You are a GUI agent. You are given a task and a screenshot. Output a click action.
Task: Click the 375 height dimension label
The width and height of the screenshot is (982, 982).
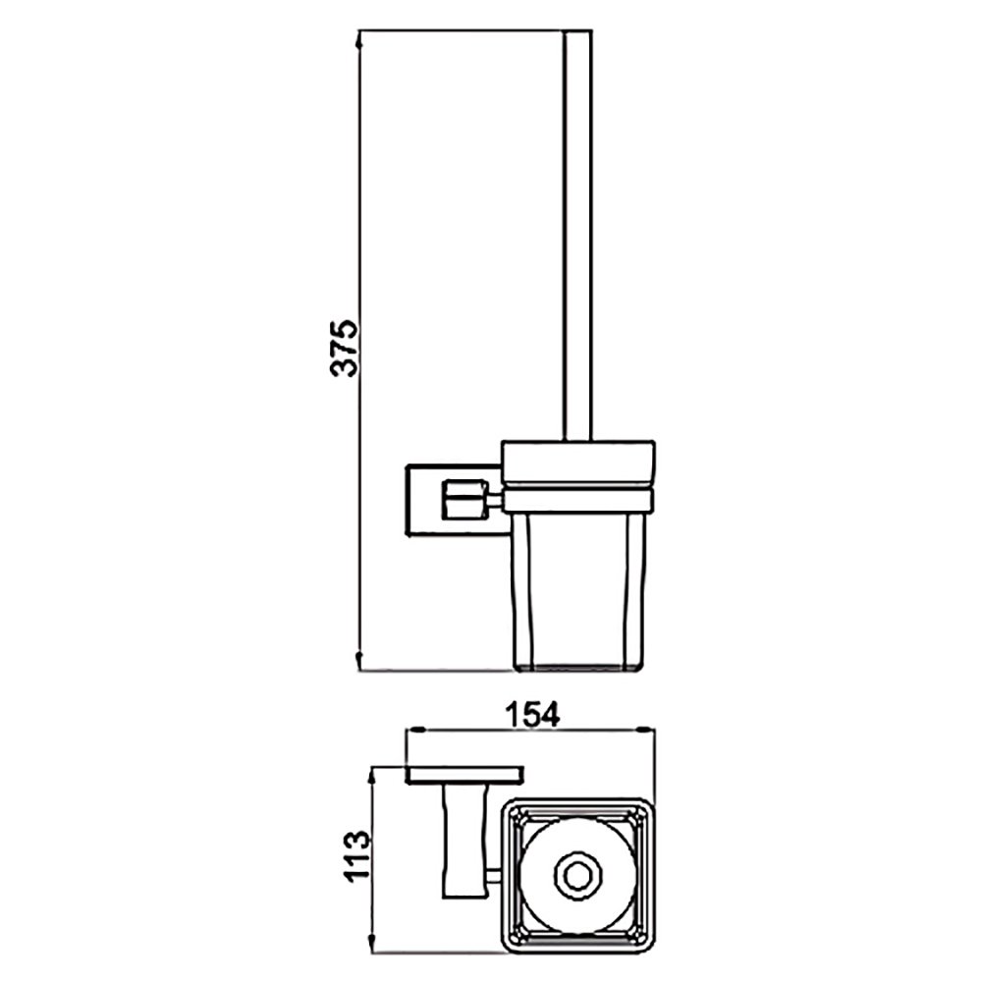[344, 349]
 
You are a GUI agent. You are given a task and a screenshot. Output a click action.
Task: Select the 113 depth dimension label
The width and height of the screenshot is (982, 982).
[358, 855]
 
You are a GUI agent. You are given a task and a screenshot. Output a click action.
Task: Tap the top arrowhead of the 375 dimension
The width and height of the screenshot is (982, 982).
[358, 39]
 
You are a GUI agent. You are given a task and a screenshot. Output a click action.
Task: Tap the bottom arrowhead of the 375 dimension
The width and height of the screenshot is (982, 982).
[358, 661]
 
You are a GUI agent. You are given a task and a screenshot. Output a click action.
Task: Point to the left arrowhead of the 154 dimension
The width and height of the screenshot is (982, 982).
[416, 730]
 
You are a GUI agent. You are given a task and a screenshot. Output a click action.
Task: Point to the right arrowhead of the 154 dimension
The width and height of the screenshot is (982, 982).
[646, 730]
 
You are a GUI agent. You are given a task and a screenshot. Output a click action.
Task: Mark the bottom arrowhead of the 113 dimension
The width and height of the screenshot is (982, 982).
[372, 945]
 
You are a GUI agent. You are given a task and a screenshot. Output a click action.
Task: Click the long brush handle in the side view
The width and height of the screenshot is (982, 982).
[577, 236]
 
